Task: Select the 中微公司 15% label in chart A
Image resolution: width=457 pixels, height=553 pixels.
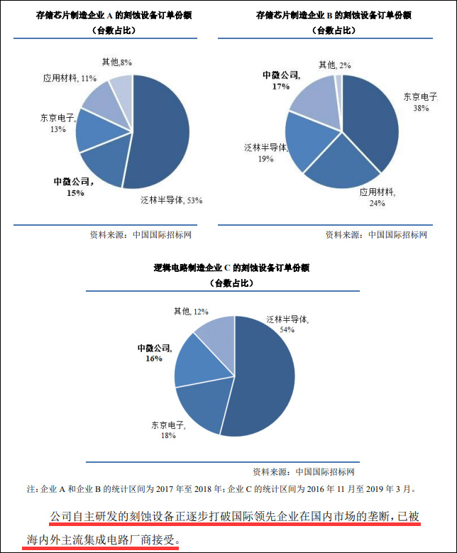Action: (x=73, y=187)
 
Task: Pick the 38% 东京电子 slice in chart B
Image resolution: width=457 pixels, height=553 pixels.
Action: (x=373, y=121)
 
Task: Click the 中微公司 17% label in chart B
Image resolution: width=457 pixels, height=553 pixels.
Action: (x=281, y=80)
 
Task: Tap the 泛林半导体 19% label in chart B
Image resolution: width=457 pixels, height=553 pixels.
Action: (x=265, y=153)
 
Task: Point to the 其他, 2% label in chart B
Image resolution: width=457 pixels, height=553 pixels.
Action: (x=334, y=65)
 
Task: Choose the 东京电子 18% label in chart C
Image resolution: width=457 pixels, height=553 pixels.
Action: (x=167, y=430)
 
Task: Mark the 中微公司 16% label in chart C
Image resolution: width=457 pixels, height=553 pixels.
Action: (x=154, y=353)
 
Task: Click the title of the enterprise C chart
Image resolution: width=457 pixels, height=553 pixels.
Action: (x=231, y=268)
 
